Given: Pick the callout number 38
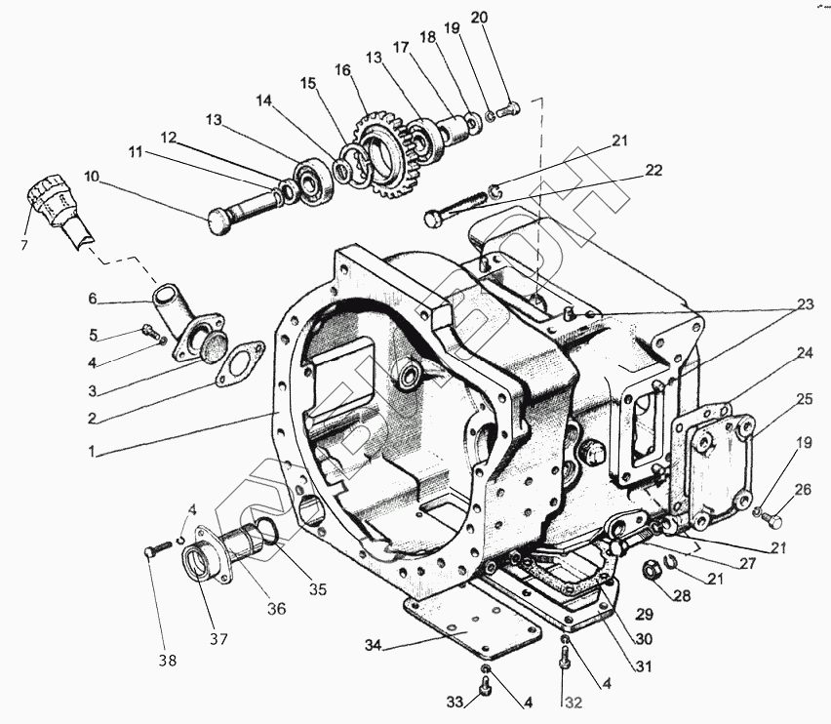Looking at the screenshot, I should (167, 661).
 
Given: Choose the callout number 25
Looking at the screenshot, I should (804, 398).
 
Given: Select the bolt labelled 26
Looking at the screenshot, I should (776, 519).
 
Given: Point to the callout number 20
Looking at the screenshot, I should (479, 17).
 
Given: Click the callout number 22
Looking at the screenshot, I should (653, 170).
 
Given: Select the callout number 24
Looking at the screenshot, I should (804, 353).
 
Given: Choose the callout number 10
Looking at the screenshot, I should (92, 177).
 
